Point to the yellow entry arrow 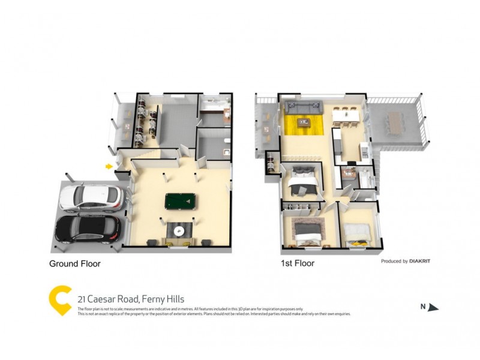coord(109,166)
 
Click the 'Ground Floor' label coord(74,263)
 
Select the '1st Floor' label coord(298,263)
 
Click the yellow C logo coord(60,299)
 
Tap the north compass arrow coord(433,307)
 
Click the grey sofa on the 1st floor coord(303,108)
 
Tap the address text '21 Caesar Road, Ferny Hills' coord(131,299)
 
